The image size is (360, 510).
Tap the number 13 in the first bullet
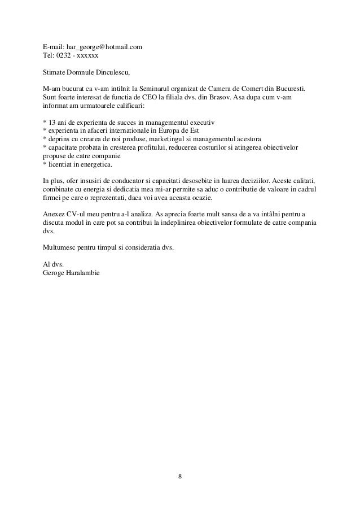[x=51, y=123]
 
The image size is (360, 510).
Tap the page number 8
[x=180, y=476]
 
